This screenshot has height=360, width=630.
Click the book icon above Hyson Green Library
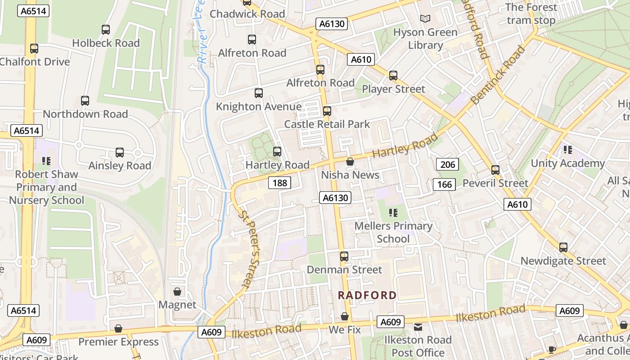(425, 19)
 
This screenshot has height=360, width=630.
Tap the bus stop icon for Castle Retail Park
(327, 111)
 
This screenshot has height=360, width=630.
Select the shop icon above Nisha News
(350, 162)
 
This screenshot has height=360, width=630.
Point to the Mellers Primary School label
(393, 232)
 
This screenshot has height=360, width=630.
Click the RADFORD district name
(367, 295)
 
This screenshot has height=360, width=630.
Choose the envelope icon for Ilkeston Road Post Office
(418, 327)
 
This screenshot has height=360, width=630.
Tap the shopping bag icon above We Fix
(345, 317)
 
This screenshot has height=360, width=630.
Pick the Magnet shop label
(177, 305)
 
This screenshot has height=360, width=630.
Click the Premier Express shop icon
(118, 328)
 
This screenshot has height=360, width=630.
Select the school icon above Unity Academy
(567, 150)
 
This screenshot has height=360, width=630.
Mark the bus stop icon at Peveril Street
(495, 170)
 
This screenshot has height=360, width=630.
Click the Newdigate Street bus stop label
(563, 261)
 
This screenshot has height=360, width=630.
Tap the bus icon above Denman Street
(344, 256)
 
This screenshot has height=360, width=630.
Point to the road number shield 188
(279, 183)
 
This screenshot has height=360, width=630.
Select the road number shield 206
(447, 165)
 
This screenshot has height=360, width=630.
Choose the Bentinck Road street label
(498, 75)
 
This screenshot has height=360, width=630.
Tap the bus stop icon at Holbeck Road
(106, 30)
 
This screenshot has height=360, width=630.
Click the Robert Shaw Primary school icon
(46, 161)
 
